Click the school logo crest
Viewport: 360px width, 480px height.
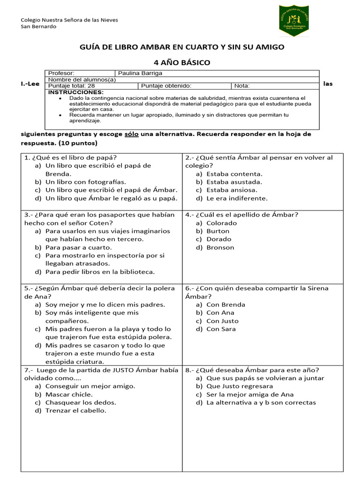click(294, 21)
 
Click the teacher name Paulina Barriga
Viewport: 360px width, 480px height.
click(140, 73)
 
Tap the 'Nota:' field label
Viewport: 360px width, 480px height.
click(242, 86)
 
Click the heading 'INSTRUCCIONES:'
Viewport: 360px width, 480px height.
click(69, 92)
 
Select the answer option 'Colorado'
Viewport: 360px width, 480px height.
click(221, 223)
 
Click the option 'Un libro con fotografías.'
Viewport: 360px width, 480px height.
click(86, 182)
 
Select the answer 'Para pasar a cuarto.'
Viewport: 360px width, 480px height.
click(78, 247)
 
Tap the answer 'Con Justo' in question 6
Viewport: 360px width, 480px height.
click(222, 321)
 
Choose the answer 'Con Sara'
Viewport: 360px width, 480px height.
click(221, 329)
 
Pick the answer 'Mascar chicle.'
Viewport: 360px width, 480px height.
click(69, 395)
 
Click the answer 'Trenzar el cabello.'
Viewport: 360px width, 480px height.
click(76, 411)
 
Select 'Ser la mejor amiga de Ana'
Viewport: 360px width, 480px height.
click(250, 395)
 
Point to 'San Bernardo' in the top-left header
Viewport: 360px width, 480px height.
click(39, 27)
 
